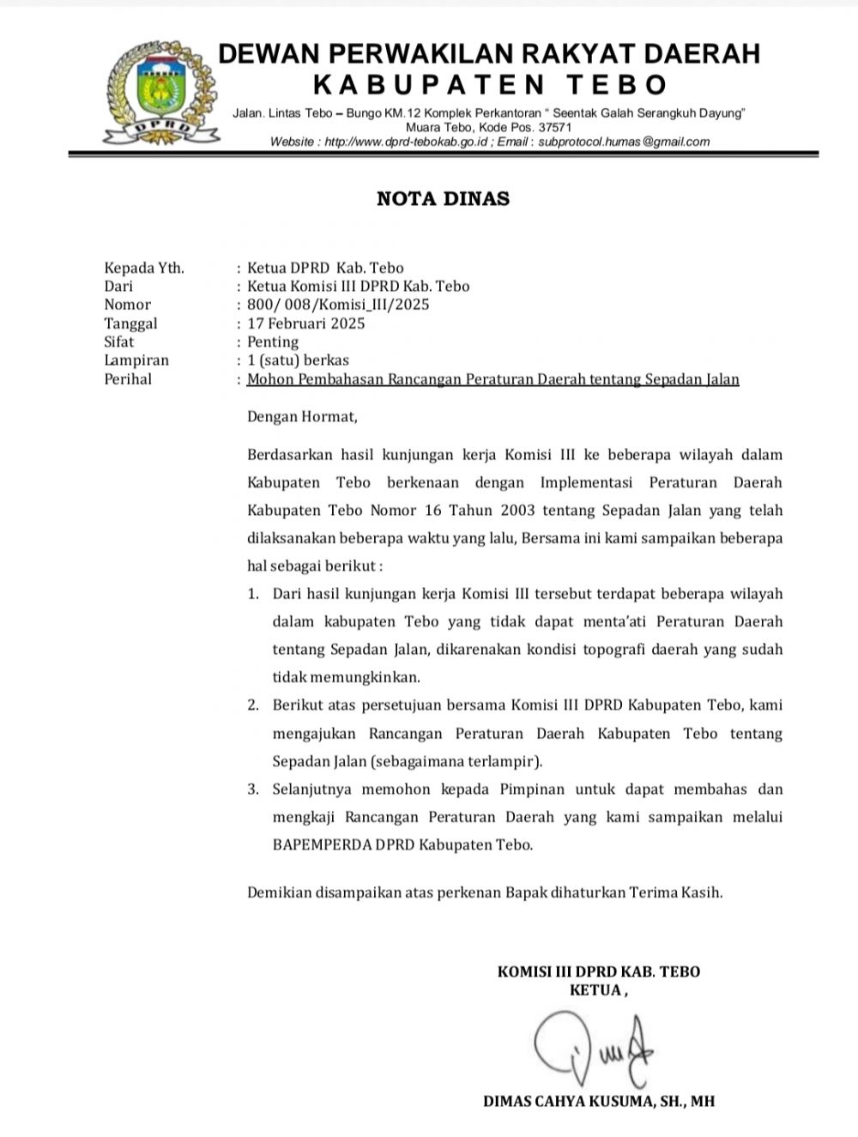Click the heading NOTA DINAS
(443, 199)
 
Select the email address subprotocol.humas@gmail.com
(625, 142)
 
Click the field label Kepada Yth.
(144, 268)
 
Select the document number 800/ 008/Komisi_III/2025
(338, 305)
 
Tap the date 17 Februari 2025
(305, 324)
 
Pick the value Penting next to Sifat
(273, 342)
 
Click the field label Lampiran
(136, 360)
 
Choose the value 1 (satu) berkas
(298, 360)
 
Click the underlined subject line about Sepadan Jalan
(492, 379)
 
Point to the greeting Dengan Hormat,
(300, 417)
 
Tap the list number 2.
(253, 705)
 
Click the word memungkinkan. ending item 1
(347, 677)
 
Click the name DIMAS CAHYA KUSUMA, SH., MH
(598, 1101)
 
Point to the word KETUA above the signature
(595, 990)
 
